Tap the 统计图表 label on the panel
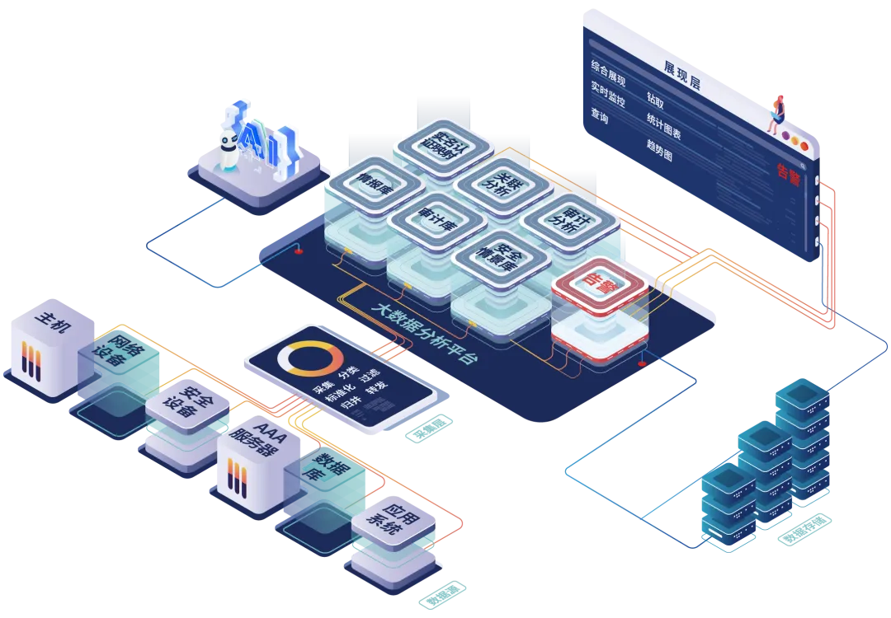coord(669,123)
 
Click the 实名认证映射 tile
coord(436,145)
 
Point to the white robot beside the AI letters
coord(229,147)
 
